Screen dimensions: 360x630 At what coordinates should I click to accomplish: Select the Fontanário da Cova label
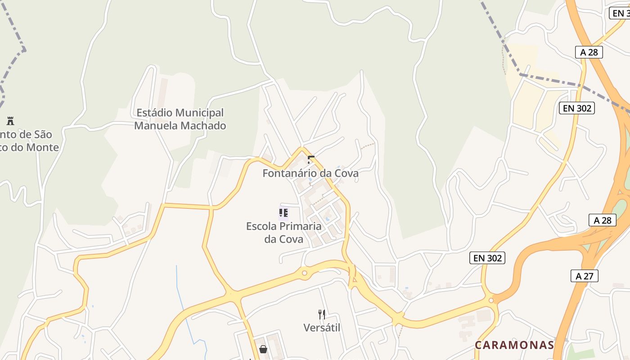tap(310, 173)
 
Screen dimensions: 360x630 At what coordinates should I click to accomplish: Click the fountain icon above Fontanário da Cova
tap(310, 159)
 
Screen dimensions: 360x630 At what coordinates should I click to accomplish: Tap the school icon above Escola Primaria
tap(283, 213)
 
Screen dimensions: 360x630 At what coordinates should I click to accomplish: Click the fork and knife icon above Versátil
tap(322, 314)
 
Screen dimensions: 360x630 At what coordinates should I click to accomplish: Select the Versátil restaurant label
tap(322, 328)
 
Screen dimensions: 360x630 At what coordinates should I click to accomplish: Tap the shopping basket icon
tap(263, 349)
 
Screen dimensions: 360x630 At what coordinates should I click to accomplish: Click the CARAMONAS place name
tap(514, 345)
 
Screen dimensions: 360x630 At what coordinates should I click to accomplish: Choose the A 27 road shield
tap(585, 276)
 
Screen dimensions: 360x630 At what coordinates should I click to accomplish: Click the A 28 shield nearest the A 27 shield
tap(603, 220)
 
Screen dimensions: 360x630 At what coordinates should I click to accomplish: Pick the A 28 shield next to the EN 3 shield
tap(589, 52)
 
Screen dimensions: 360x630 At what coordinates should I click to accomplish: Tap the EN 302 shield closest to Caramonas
tap(487, 258)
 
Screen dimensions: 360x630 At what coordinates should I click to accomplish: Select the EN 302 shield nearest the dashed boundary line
tap(577, 108)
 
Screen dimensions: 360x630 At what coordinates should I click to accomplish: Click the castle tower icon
tap(10, 121)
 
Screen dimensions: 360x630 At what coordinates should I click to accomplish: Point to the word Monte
tap(42, 147)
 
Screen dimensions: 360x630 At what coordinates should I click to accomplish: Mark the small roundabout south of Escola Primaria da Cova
tap(305, 273)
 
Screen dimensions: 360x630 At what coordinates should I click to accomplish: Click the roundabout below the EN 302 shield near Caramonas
tap(491, 300)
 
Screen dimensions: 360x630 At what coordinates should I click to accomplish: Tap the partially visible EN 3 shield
tap(620, 13)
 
